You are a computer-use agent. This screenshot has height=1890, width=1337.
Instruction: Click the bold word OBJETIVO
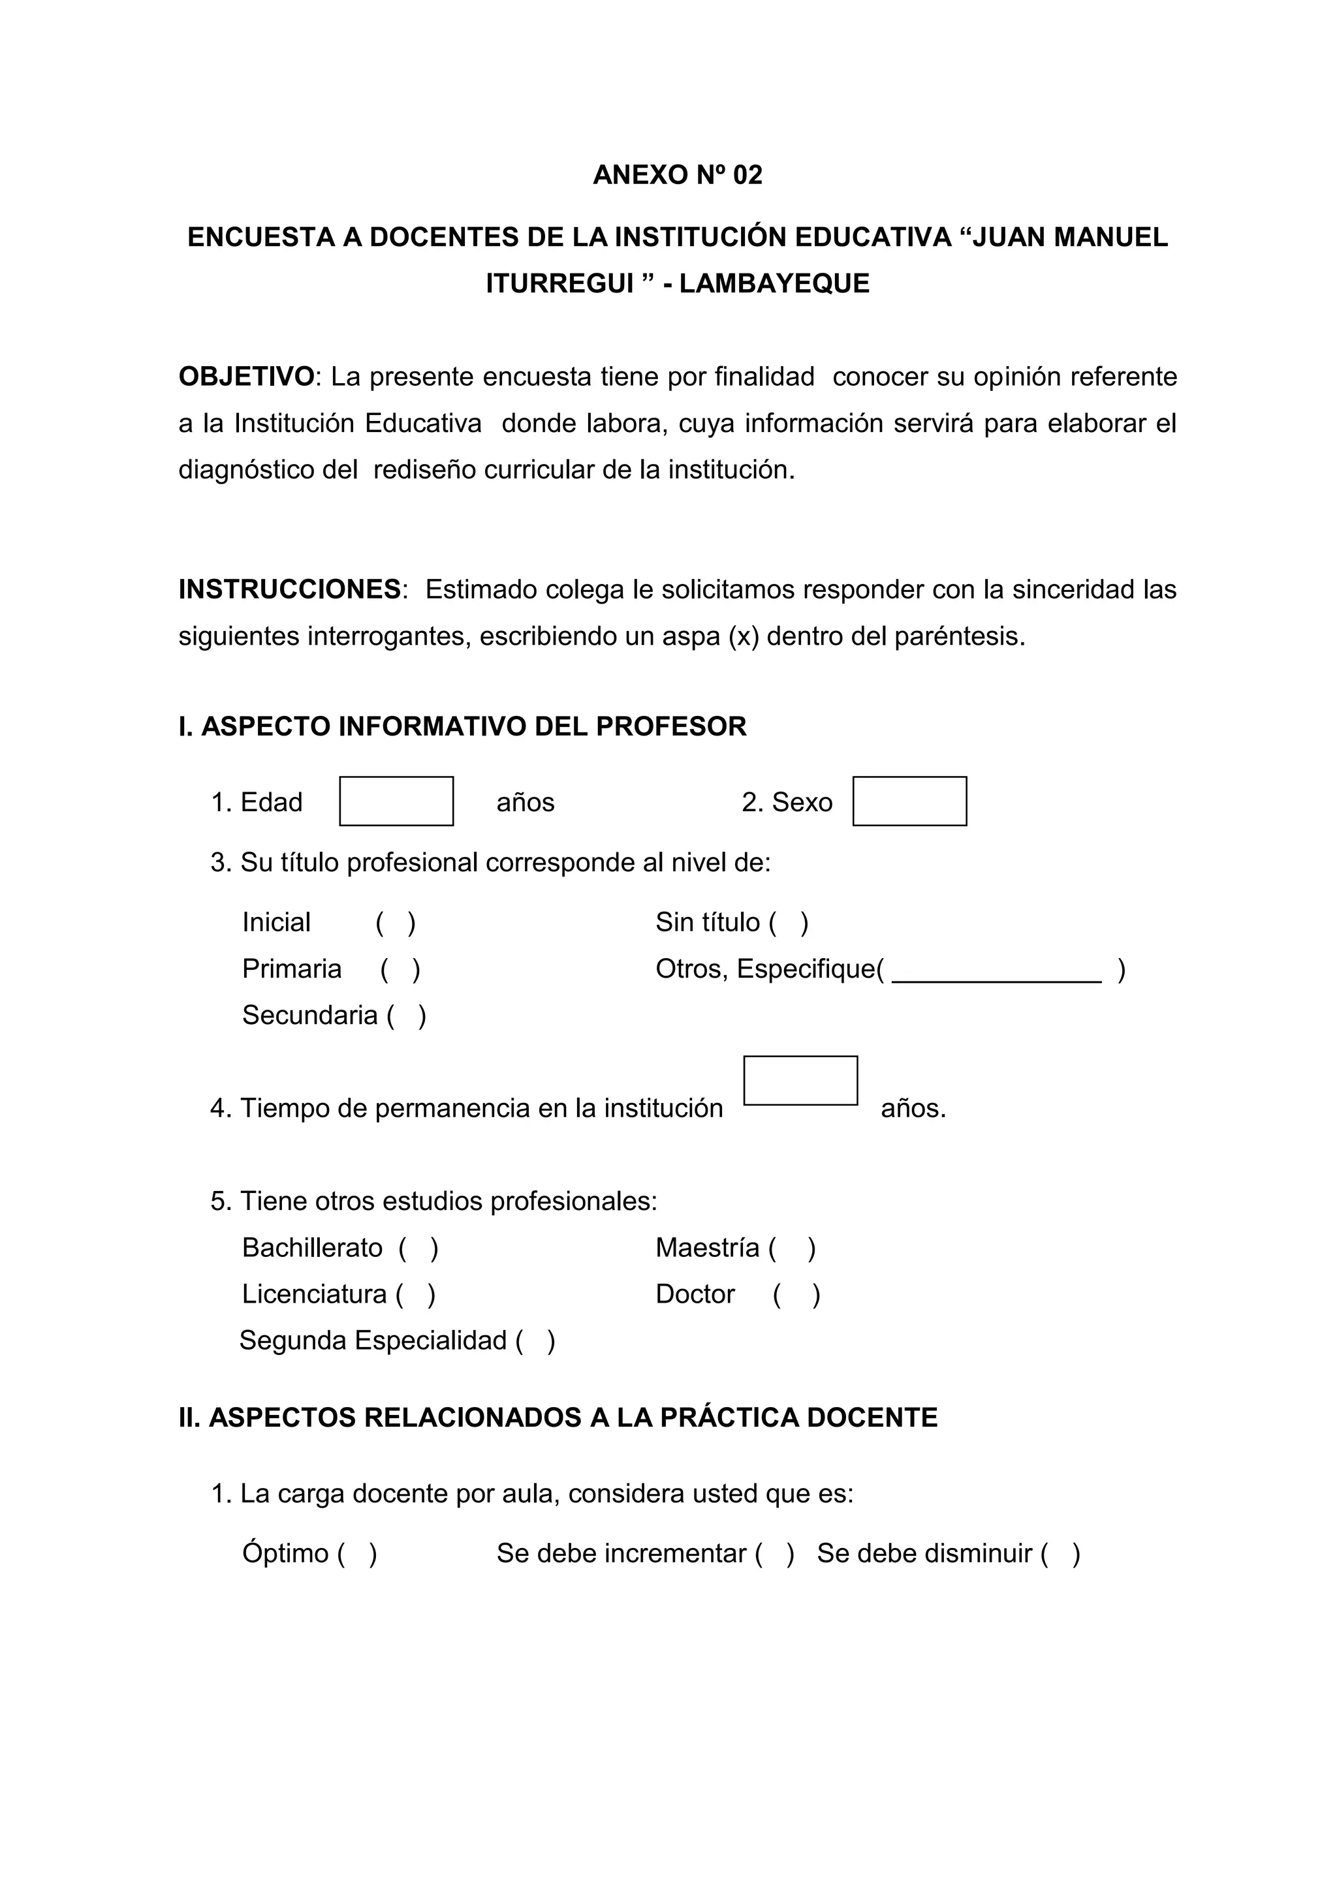tap(246, 377)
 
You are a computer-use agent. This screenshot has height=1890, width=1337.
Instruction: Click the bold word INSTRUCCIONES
tap(290, 589)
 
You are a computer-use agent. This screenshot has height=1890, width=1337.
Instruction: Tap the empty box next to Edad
tap(396, 801)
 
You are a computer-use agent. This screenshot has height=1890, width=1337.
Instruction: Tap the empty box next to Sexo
tap(909, 801)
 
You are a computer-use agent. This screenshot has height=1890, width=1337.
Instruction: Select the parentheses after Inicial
tap(396, 923)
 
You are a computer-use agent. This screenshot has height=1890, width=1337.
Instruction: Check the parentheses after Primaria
tap(401, 970)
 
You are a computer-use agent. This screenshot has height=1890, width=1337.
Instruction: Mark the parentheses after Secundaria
tap(407, 1015)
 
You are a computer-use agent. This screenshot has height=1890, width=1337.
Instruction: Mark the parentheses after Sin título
tap(789, 923)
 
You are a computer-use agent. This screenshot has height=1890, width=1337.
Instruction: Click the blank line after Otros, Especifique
tap(996, 971)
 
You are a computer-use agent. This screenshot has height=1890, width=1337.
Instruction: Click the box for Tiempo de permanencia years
tap(800, 1080)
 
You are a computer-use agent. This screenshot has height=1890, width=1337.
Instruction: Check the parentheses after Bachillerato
tap(419, 1248)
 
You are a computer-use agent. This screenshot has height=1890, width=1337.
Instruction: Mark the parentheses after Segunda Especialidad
tap(536, 1341)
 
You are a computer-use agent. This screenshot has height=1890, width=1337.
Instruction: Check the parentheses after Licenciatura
tap(416, 1295)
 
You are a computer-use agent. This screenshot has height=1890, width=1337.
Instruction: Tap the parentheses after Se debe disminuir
tap(1060, 1553)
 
